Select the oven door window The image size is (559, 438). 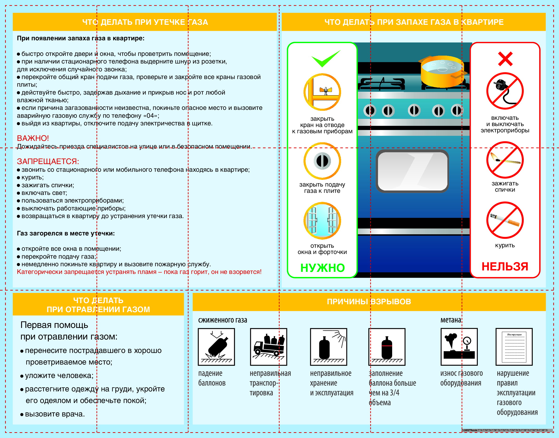point(412,171)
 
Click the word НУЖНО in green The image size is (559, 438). point(323,268)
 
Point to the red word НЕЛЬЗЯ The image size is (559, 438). point(505,267)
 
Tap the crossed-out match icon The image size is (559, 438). point(505,160)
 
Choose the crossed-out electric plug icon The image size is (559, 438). point(505,91)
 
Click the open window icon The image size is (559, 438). point(322,221)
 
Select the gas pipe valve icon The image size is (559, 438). point(322,92)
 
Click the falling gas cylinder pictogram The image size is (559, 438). point(216,347)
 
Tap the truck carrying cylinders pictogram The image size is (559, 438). point(268,347)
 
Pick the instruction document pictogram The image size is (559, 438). point(514,347)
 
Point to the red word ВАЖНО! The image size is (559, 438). point(33,138)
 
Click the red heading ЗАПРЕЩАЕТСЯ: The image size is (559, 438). point(48,161)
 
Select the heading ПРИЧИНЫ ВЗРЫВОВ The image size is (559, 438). point(369,302)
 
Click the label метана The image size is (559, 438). point(451,320)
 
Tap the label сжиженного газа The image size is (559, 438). point(223,320)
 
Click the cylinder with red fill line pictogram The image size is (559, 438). point(387,347)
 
